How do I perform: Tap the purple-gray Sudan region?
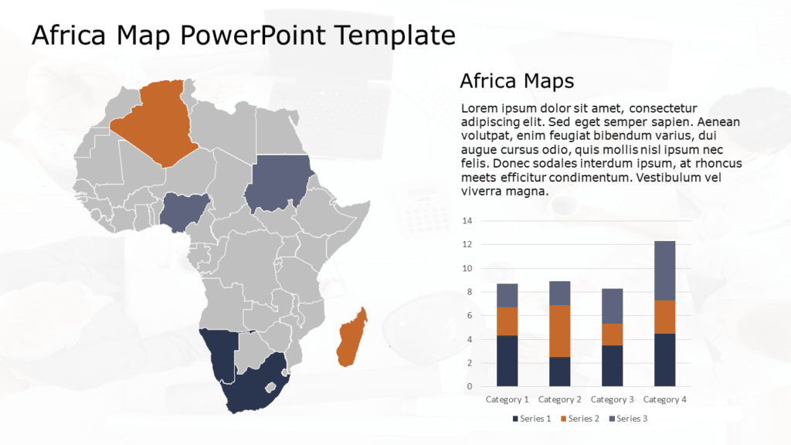click(280, 183)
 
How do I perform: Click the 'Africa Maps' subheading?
click(516, 80)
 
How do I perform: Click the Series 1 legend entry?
click(531, 419)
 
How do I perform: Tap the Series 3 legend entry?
click(628, 419)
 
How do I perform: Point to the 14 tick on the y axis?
click(467, 221)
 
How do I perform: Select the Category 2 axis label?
click(559, 399)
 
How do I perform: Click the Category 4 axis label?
click(664, 399)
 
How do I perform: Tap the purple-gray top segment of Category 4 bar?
click(664, 270)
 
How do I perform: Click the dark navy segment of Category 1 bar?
click(507, 360)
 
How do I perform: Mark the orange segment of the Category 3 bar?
click(612, 335)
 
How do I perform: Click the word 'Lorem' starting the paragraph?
click(480, 108)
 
